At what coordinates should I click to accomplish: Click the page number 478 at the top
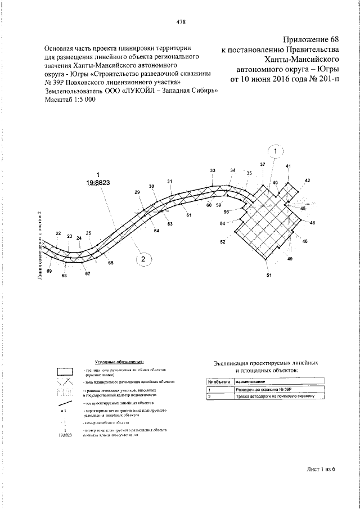pyautogui.click(x=181, y=22)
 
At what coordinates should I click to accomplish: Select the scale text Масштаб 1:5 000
pyautogui.click(x=70, y=99)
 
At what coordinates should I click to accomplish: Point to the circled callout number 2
pyautogui.click(x=143, y=259)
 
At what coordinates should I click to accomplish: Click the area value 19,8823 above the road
pyautogui.click(x=98, y=182)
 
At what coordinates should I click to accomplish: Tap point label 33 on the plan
pyautogui.click(x=213, y=170)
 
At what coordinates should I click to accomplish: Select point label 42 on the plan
pyautogui.click(x=307, y=181)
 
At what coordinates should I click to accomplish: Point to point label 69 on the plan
pyautogui.click(x=49, y=272)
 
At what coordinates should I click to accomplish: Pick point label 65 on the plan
pyautogui.click(x=111, y=263)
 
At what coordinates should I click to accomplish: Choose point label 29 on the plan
pyautogui.click(x=137, y=192)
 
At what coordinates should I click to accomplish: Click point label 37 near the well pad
pyautogui.click(x=262, y=164)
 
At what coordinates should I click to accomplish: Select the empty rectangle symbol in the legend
pyautogui.click(x=66, y=371)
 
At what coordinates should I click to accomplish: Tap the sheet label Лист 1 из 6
pyautogui.click(x=321, y=468)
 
